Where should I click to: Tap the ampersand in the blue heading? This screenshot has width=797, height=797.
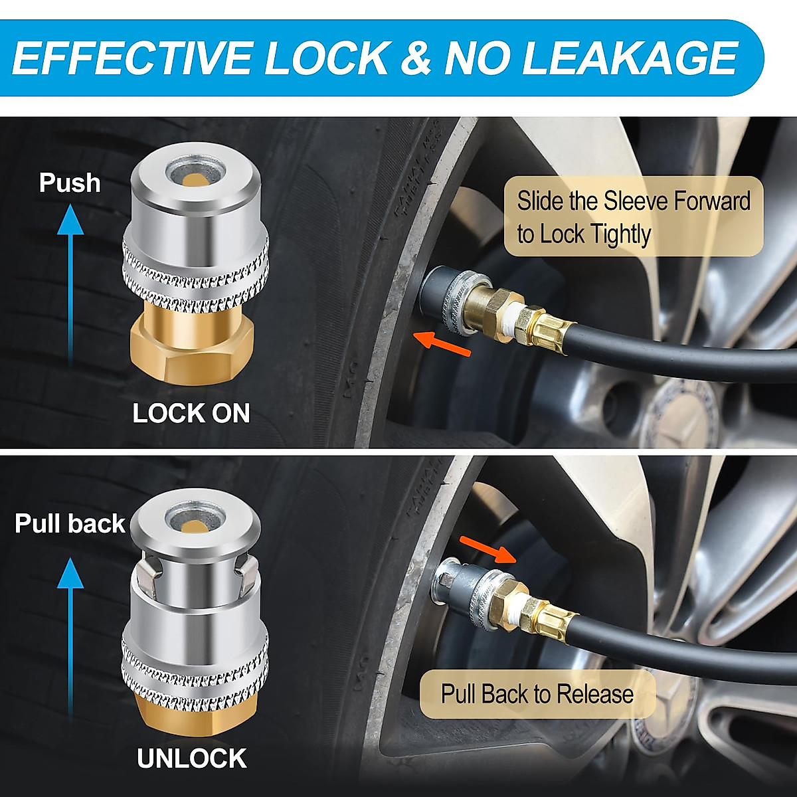pyautogui.click(x=416, y=58)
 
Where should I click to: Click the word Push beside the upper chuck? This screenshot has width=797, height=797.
pyautogui.click(x=70, y=183)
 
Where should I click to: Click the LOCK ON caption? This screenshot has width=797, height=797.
pyautogui.click(x=191, y=413)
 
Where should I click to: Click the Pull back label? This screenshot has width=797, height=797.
pyautogui.click(x=70, y=523)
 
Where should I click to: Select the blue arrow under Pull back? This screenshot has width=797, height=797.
pyautogui.click(x=70, y=638)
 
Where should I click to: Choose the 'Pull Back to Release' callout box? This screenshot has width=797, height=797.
pyautogui.click(x=537, y=695)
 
